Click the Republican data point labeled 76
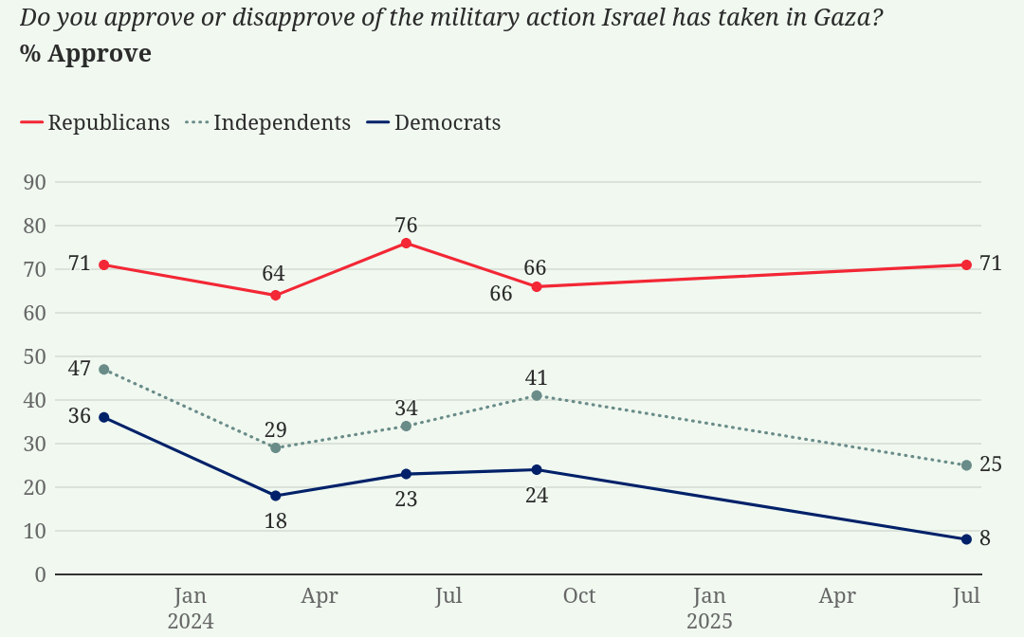point(406,243)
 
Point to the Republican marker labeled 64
point(276,295)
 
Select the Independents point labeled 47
point(103,369)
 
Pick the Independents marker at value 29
point(276,447)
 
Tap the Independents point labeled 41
point(537,395)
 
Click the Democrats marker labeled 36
point(103,417)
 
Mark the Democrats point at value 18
point(276,496)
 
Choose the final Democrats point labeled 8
point(966,539)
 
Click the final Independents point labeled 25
point(966,465)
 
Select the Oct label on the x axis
point(578,596)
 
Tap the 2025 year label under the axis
point(709,622)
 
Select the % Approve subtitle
point(85,54)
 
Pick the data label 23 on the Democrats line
point(406,499)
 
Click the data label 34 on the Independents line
point(406,409)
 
